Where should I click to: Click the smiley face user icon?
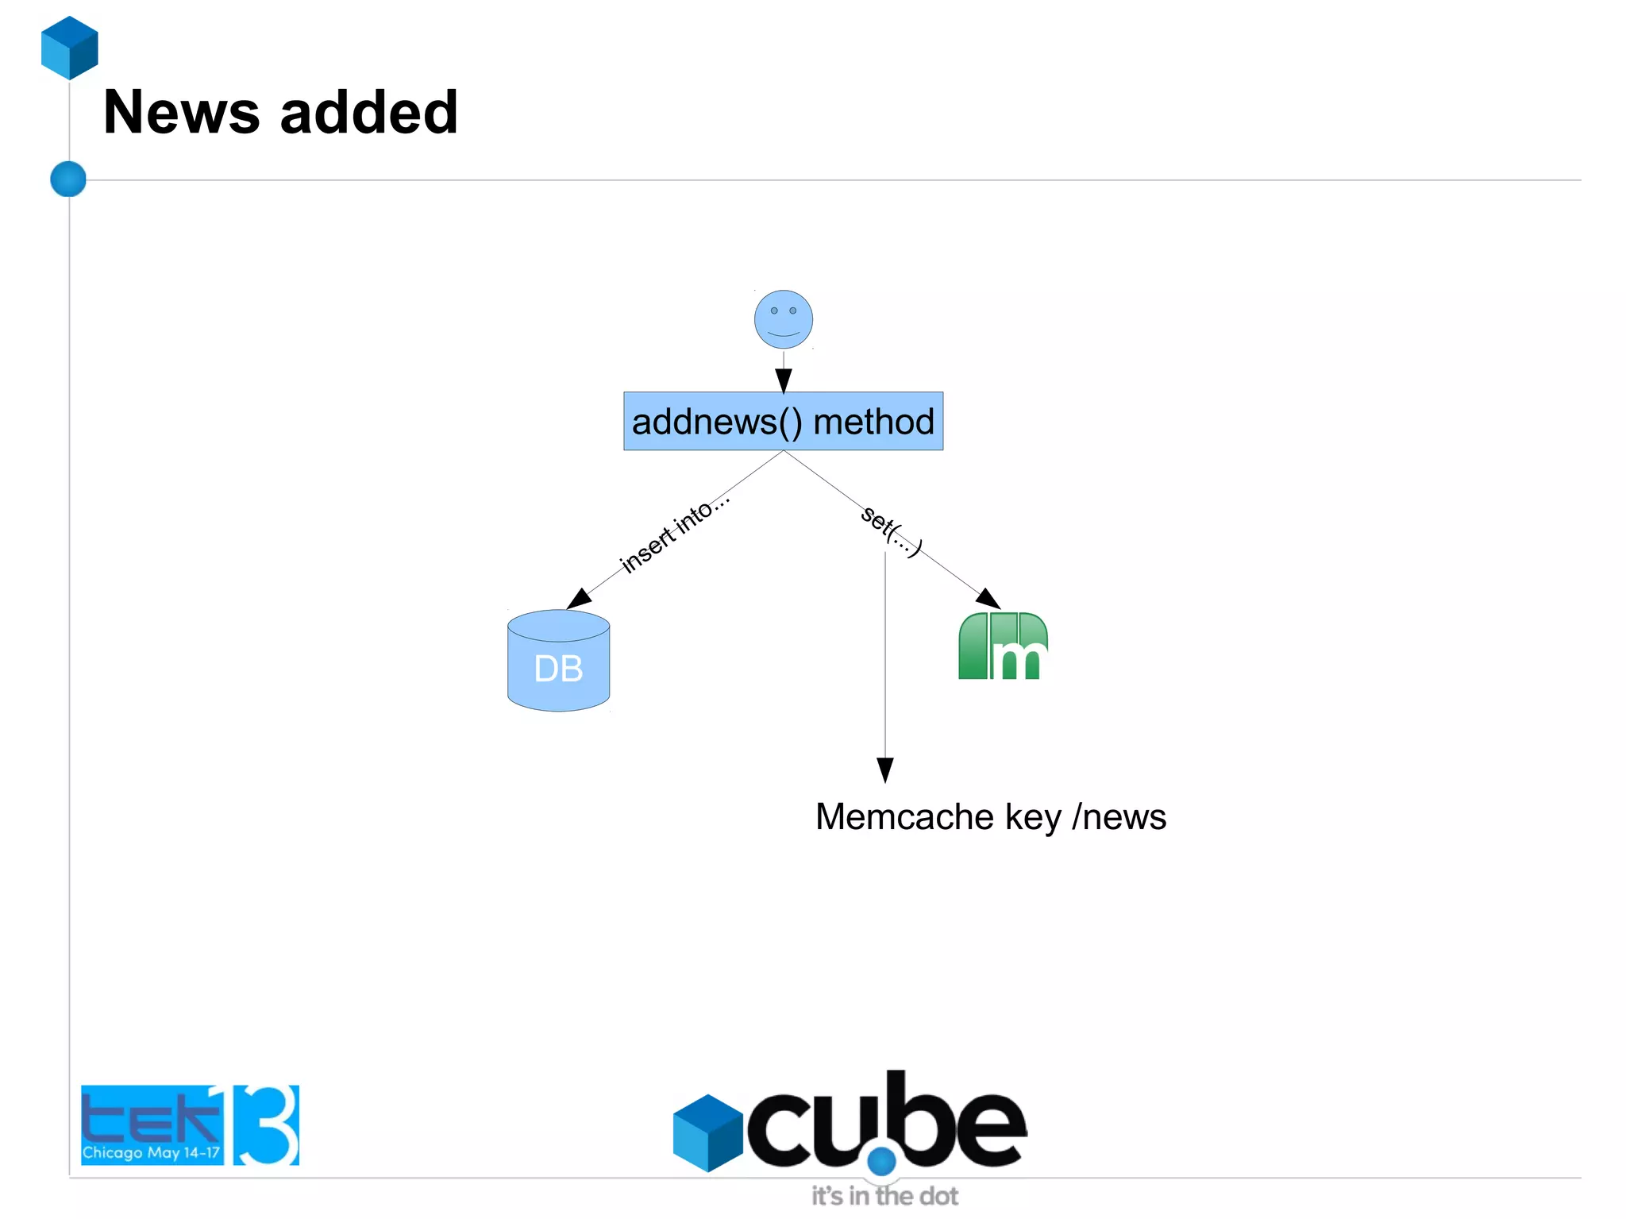[783, 319]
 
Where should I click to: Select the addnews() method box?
[783, 421]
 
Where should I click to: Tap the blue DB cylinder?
[558, 662]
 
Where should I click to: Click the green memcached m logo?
[1003, 646]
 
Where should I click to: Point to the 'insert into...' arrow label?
[673, 534]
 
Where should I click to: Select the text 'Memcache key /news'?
[990, 817]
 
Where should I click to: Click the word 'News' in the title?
[181, 112]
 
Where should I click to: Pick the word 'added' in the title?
[369, 112]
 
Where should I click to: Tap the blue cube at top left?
[70, 48]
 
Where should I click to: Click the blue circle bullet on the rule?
[68, 179]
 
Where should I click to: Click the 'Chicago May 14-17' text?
[151, 1152]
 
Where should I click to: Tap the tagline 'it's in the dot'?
[884, 1196]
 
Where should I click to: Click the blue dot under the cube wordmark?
[881, 1160]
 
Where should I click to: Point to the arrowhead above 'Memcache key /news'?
[884, 769]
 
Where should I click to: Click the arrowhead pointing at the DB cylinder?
[580, 599]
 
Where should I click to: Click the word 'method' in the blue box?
[873, 421]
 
